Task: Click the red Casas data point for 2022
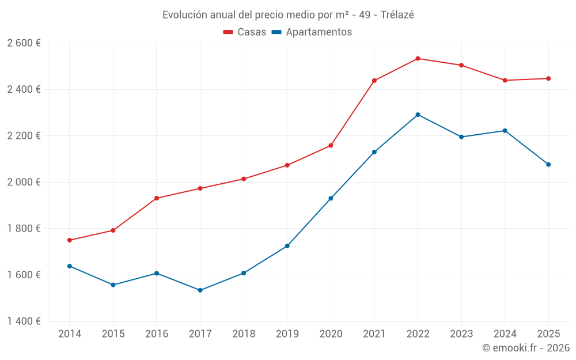[x=418, y=58]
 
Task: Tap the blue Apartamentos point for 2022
[x=418, y=115]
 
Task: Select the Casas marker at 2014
[x=70, y=240]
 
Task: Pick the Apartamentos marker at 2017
[x=200, y=290]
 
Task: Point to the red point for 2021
[x=374, y=81]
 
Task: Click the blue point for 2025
[x=548, y=165]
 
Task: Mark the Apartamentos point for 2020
[x=331, y=198]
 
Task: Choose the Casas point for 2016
[x=157, y=198]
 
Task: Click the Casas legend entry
[x=245, y=32]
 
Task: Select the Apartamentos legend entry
[x=312, y=32]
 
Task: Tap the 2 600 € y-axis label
[x=24, y=43]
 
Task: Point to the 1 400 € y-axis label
[x=24, y=321]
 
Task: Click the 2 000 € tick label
[x=24, y=182]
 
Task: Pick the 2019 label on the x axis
[x=287, y=334]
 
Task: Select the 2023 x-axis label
[x=461, y=334]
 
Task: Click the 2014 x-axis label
[x=70, y=334]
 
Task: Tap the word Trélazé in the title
[x=397, y=15]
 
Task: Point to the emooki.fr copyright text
[x=526, y=348]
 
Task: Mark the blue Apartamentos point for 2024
[x=505, y=131]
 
